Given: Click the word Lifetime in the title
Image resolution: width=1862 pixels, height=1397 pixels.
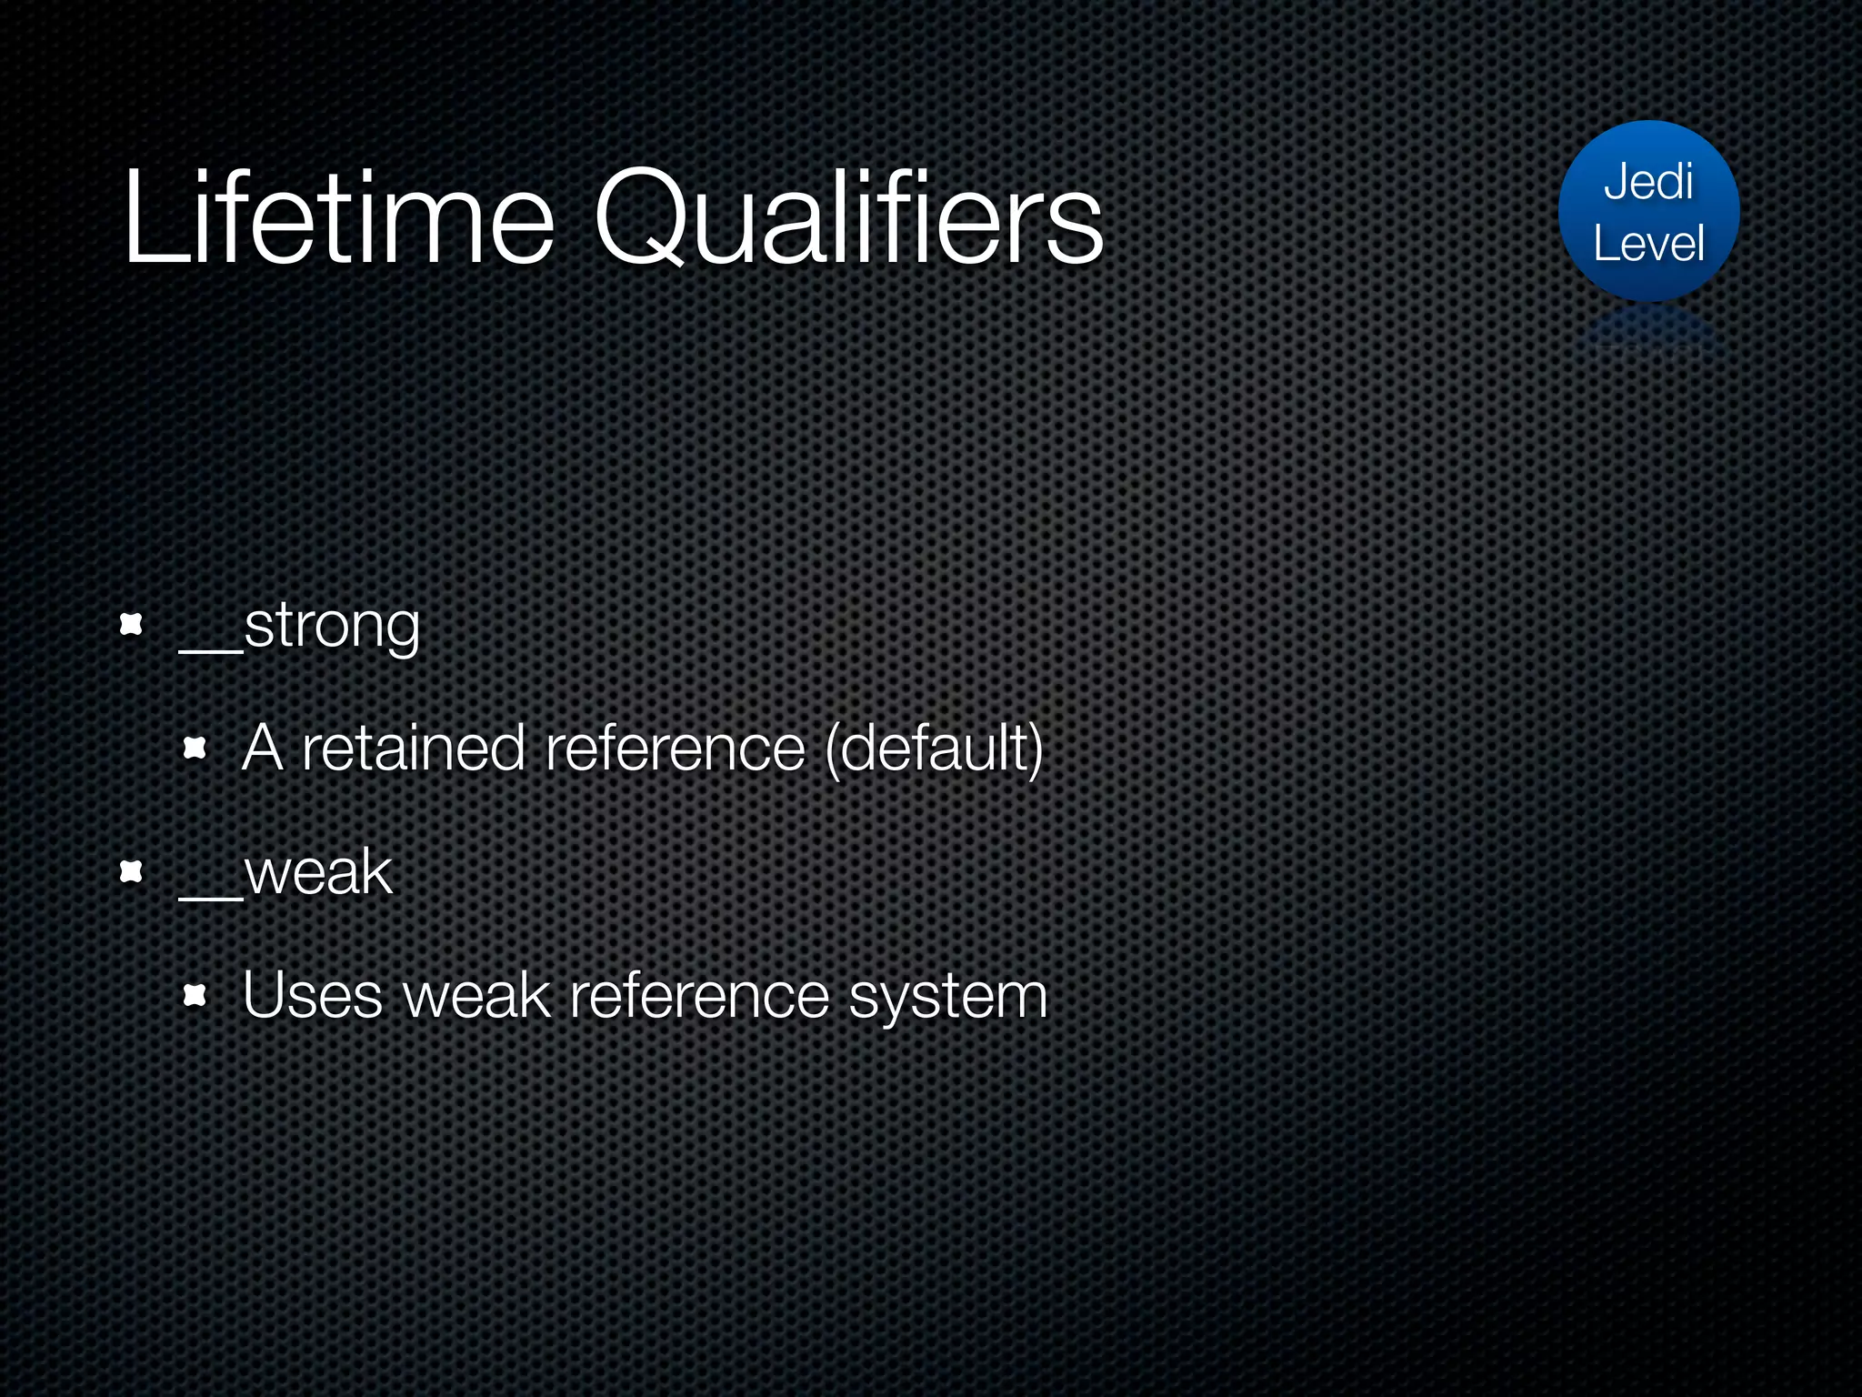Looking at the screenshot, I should coord(338,218).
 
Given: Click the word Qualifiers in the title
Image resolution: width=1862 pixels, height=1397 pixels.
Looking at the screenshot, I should coord(849,218).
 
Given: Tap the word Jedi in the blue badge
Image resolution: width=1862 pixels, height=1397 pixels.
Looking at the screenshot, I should coord(1648,182).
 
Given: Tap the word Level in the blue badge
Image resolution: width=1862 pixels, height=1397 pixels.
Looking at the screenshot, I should coord(1648,244).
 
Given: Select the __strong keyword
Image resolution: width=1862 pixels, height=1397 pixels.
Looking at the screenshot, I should coord(300,626).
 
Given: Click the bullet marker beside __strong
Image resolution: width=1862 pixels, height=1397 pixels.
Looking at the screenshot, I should coord(132,625).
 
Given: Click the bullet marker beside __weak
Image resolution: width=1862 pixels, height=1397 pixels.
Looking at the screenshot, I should coord(132,872).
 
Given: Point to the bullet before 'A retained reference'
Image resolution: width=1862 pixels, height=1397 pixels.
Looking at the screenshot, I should coord(195,749).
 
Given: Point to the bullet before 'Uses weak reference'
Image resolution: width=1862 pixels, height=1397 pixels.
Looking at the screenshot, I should coord(195,996).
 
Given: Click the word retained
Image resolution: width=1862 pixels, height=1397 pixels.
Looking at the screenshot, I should coord(414,749).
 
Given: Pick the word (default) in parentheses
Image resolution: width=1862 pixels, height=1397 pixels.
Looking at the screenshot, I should coord(934,749).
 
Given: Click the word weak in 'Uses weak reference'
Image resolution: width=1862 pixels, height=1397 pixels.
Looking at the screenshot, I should coord(477,996).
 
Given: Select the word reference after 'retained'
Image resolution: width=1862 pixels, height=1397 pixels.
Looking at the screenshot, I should coord(675,749).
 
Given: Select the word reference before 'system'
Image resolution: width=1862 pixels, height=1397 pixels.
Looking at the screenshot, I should coord(699,996).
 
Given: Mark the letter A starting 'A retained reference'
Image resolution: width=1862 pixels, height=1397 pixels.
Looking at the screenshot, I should coord(262,749).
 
